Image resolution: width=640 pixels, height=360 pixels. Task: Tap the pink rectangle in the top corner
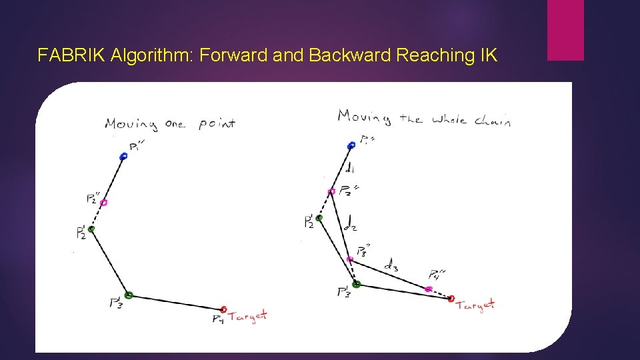(565, 30)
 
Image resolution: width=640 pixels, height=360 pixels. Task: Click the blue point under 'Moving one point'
(123, 157)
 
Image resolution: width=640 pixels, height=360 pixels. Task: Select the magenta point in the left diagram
(103, 203)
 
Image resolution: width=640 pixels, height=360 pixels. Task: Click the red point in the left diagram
(224, 309)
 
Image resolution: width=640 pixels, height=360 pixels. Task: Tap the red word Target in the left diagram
(248, 315)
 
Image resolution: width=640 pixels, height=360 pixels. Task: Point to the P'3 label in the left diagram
(115, 303)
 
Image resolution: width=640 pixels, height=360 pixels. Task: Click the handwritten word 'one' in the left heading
(175, 124)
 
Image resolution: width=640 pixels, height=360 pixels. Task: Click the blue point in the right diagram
(351, 145)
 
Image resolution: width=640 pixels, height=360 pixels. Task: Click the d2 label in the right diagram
(349, 225)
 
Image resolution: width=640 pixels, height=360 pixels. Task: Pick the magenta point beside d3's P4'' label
(428, 289)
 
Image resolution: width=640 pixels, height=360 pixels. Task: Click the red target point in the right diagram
(451, 299)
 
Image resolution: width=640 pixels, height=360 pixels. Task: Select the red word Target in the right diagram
(475, 305)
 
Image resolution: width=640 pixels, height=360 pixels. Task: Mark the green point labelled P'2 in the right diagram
(319, 218)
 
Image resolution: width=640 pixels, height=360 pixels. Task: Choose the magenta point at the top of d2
(331, 192)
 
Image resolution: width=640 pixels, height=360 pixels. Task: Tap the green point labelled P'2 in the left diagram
(91, 229)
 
